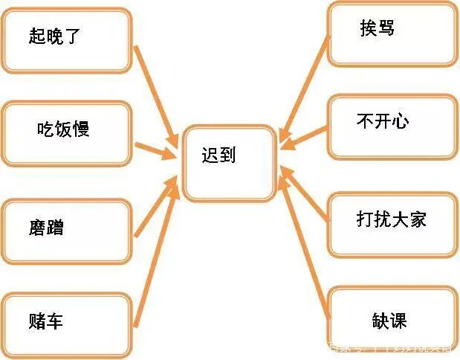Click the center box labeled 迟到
230,163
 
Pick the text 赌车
45,322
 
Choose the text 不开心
383,121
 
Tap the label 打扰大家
391,219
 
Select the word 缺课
389,321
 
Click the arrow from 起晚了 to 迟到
156,94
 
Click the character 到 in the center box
228,155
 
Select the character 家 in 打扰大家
418,219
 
